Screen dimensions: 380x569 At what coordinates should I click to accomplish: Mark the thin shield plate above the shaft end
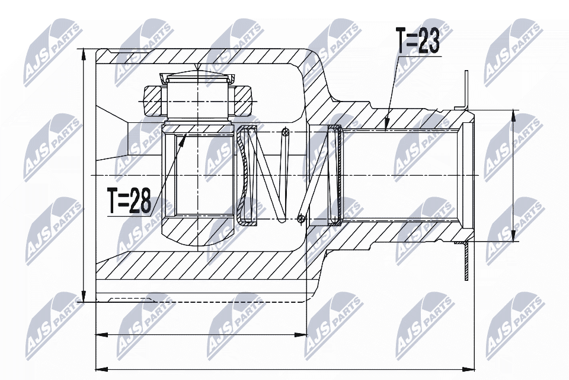[466, 89]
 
